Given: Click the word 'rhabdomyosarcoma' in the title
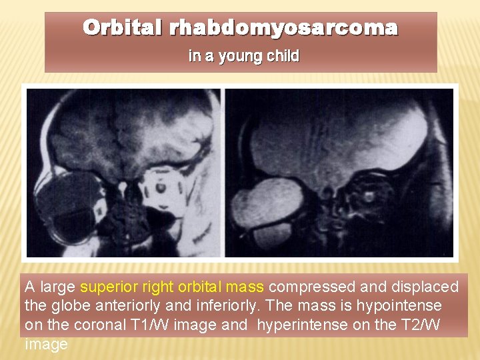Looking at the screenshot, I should coord(283,28).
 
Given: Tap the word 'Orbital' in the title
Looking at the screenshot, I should coord(123,28).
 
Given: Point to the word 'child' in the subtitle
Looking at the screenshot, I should coord(283,57).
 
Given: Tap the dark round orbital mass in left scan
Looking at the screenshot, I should coord(67,203).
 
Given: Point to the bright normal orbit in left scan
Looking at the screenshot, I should coord(161,187).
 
